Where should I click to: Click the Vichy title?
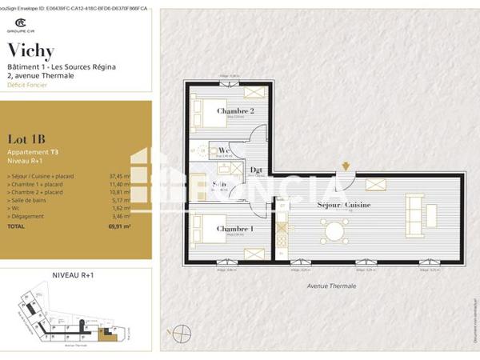(30, 52)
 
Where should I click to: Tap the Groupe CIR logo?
(21, 26)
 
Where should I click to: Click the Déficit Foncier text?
(26, 84)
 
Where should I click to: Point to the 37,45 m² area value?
(119, 174)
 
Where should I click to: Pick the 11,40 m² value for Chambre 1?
(119, 185)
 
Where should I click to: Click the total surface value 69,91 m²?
(119, 226)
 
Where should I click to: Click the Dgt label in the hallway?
(256, 170)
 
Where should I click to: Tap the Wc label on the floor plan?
(225, 150)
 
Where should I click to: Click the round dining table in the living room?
(334, 232)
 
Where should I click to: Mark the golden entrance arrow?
(345, 166)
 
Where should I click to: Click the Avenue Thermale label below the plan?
(330, 286)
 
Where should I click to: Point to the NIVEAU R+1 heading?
(73, 274)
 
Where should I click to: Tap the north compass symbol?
(183, 332)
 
